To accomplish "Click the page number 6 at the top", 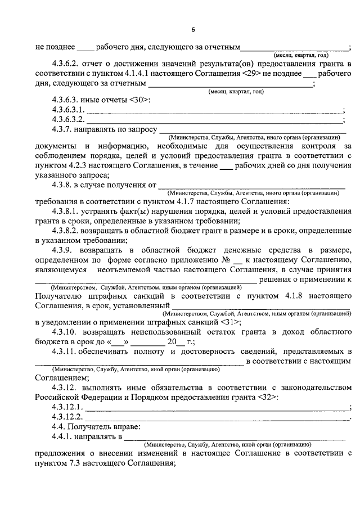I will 193,29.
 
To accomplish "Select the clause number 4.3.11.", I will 66,351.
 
